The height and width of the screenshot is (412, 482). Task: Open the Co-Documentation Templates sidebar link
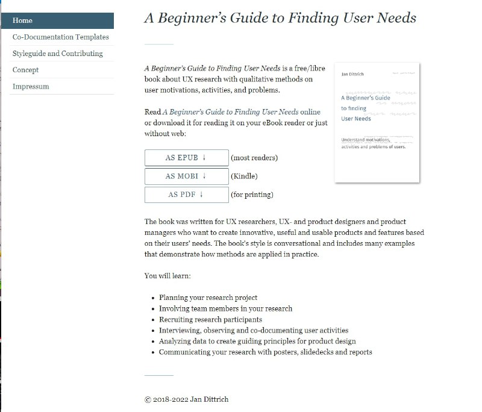coord(60,37)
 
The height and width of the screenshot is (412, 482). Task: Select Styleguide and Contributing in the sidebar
coord(57,54)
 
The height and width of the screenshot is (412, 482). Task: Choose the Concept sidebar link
coord(25,70)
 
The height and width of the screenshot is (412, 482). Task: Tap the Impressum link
coord(31,86)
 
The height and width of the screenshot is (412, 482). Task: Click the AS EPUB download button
coord(186,158)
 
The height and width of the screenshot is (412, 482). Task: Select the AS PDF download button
coord(186,195)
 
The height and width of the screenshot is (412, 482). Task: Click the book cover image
coord(377,122)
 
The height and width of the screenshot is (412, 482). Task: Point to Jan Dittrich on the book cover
coord(352,75)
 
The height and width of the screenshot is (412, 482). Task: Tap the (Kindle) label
coord(244,176)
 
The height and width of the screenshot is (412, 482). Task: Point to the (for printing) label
coord(252,195)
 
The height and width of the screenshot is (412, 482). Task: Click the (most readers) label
coord(254,158)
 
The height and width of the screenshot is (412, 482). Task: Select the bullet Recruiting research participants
coord(210,319)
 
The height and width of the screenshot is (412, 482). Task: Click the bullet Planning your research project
coord(208,298)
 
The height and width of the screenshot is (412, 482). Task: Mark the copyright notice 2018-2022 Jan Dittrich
coord(187,399)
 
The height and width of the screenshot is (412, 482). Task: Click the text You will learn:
coord(168,276)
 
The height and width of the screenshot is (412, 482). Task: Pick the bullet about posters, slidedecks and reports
coord(265,352)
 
